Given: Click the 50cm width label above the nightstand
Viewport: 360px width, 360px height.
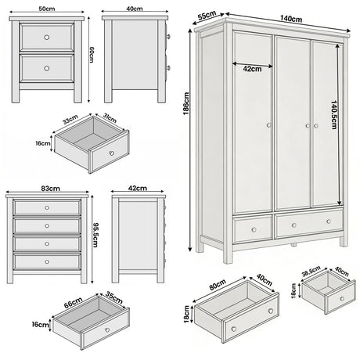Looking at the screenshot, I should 47,9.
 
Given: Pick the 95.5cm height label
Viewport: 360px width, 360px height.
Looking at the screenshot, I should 95,232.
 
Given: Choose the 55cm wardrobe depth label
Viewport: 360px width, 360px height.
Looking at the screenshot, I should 207,15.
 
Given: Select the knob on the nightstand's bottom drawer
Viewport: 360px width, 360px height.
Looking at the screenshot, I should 47,68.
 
